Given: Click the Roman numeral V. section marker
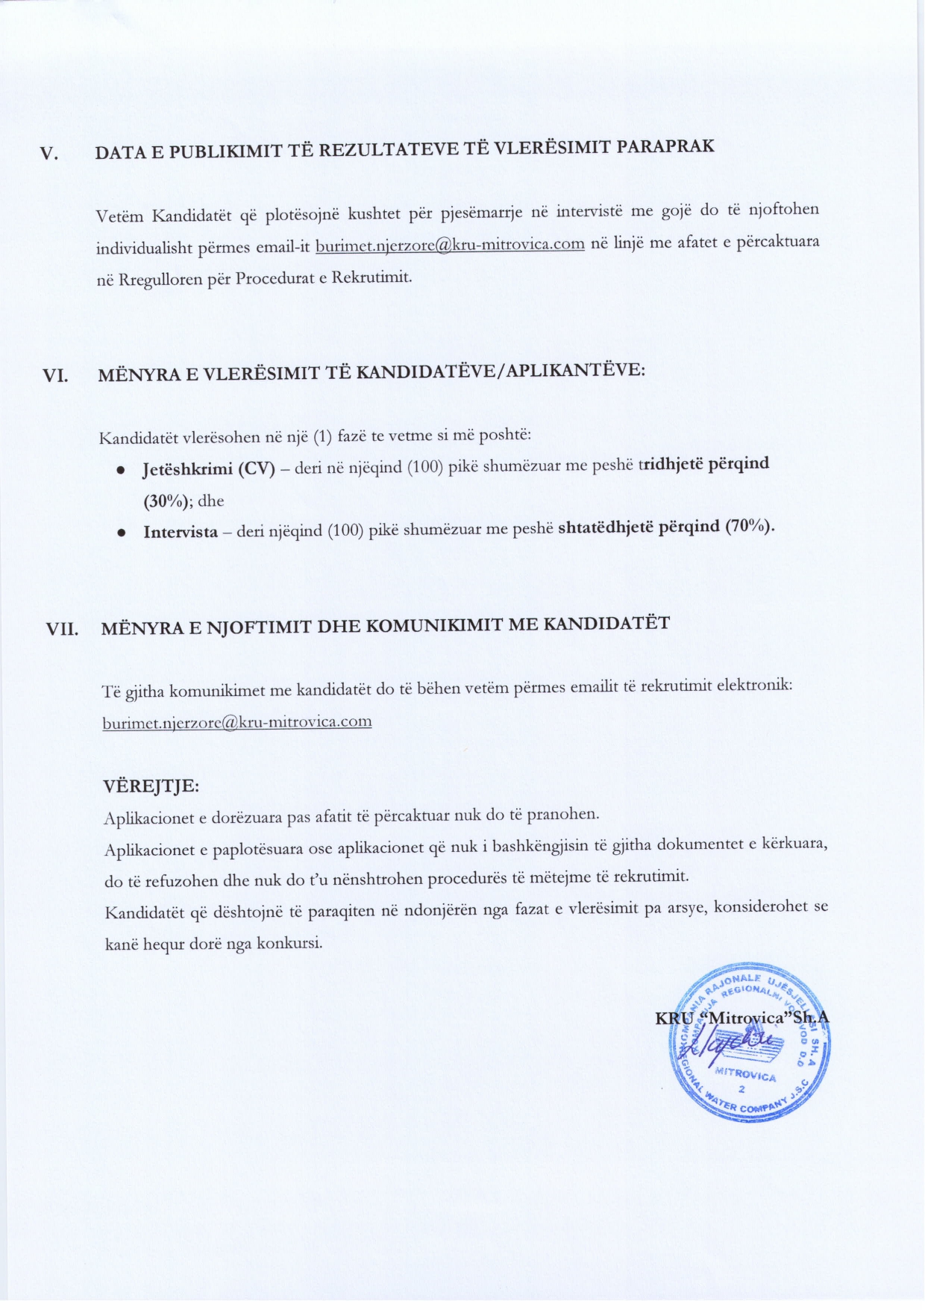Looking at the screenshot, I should pyautogui.click(x=48, y=154).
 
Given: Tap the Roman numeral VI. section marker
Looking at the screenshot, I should pyautogui.click(x=55, y=376).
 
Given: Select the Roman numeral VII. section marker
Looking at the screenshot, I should pyautogui.click(x=63, y=628).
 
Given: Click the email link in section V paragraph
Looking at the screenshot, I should pyautogui.click(x=450, y=245).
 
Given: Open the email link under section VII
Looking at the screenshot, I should pyautogui.click(x=237, y=722).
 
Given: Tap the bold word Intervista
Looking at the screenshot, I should pyautogui.click(x=181, y=532).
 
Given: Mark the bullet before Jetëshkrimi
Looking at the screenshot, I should pyautogui.click(x=119, y=471).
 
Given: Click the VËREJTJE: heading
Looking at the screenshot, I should pyautogui.click(x=151, y=786).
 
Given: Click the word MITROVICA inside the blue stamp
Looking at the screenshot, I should pyautogui.click(x=745, y=1075).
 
